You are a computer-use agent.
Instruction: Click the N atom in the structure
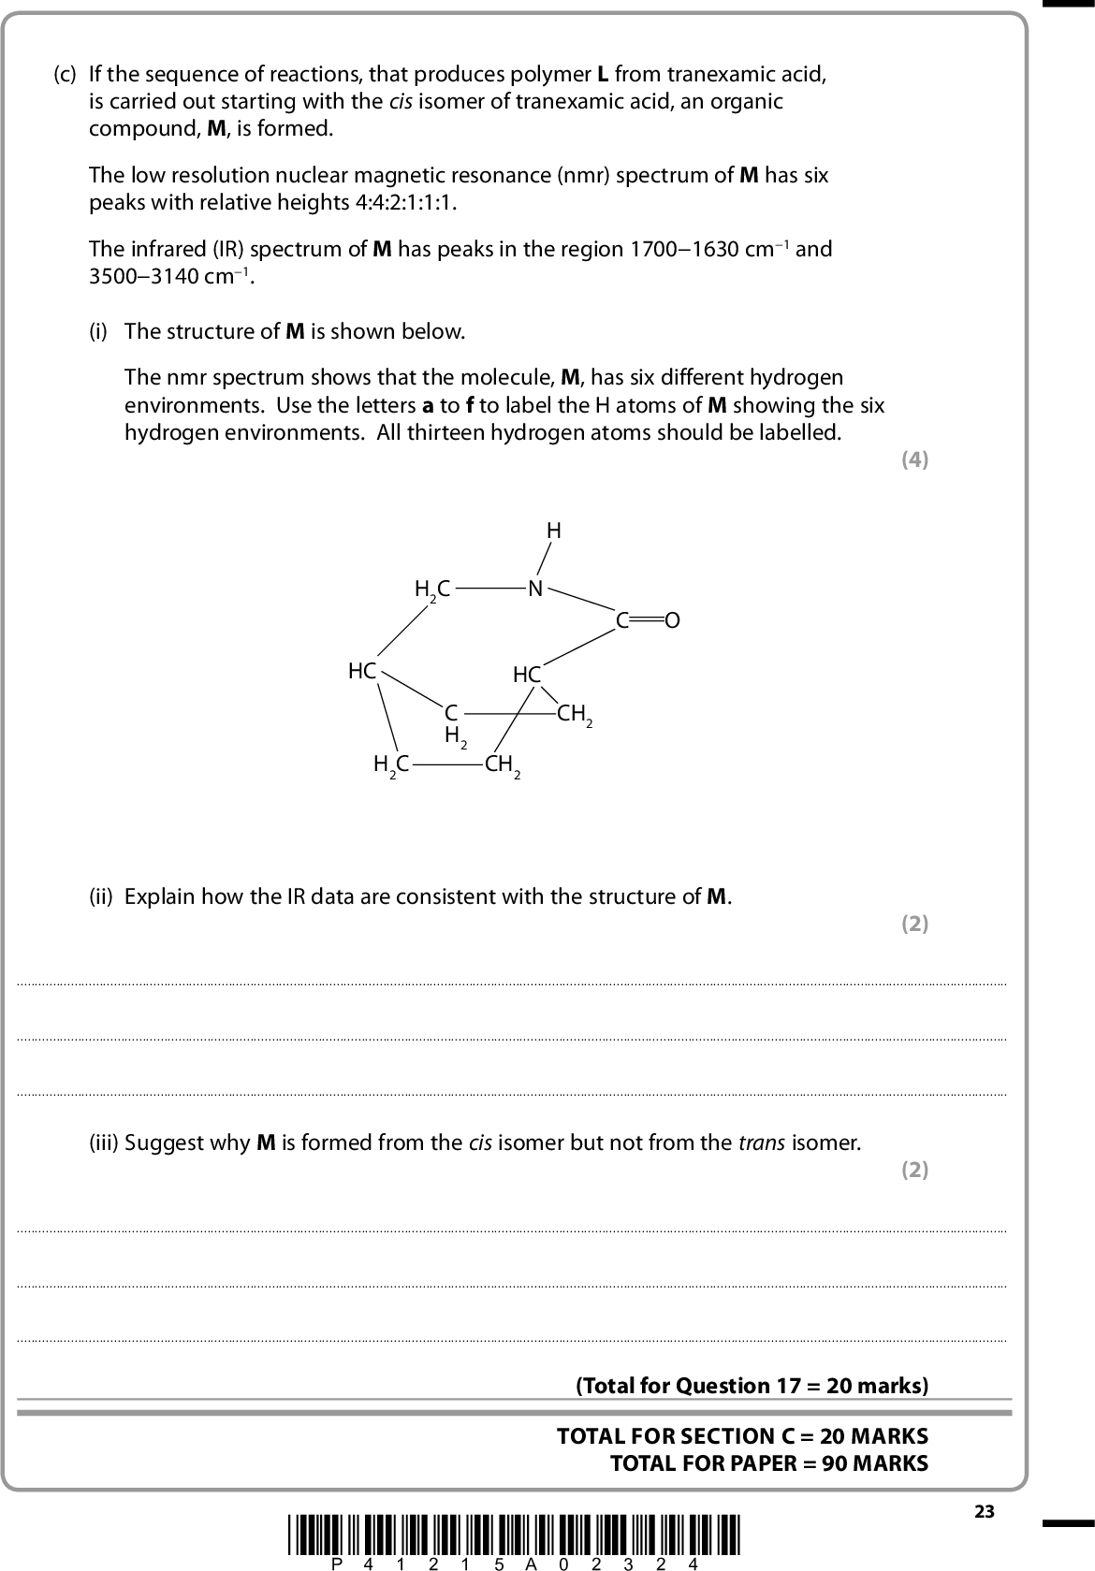tap(535, 589)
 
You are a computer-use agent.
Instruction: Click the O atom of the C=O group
tap(671, 620)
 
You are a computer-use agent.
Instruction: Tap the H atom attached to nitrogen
tap(554, 531)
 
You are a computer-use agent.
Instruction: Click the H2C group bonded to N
tap(432, 589)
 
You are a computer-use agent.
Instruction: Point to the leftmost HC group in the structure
tap(362, 671)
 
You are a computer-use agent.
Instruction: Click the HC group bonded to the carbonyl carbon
tap(527, 675)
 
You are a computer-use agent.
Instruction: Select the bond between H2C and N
tap(490, 589)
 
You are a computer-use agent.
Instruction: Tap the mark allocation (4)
tap(914, 459)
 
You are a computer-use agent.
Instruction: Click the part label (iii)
tap(103, 1143)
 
